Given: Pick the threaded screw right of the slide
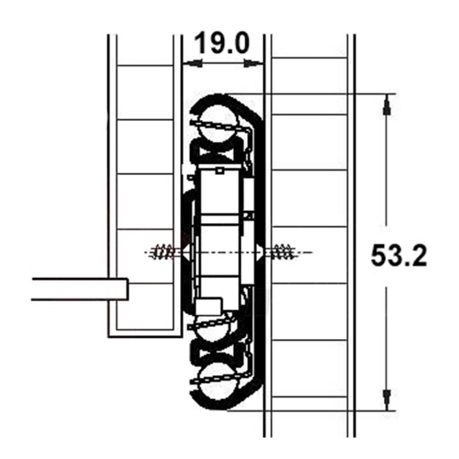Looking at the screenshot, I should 284,252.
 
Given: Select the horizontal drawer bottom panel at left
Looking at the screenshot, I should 79,289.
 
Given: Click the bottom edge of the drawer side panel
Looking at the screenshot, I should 141,335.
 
